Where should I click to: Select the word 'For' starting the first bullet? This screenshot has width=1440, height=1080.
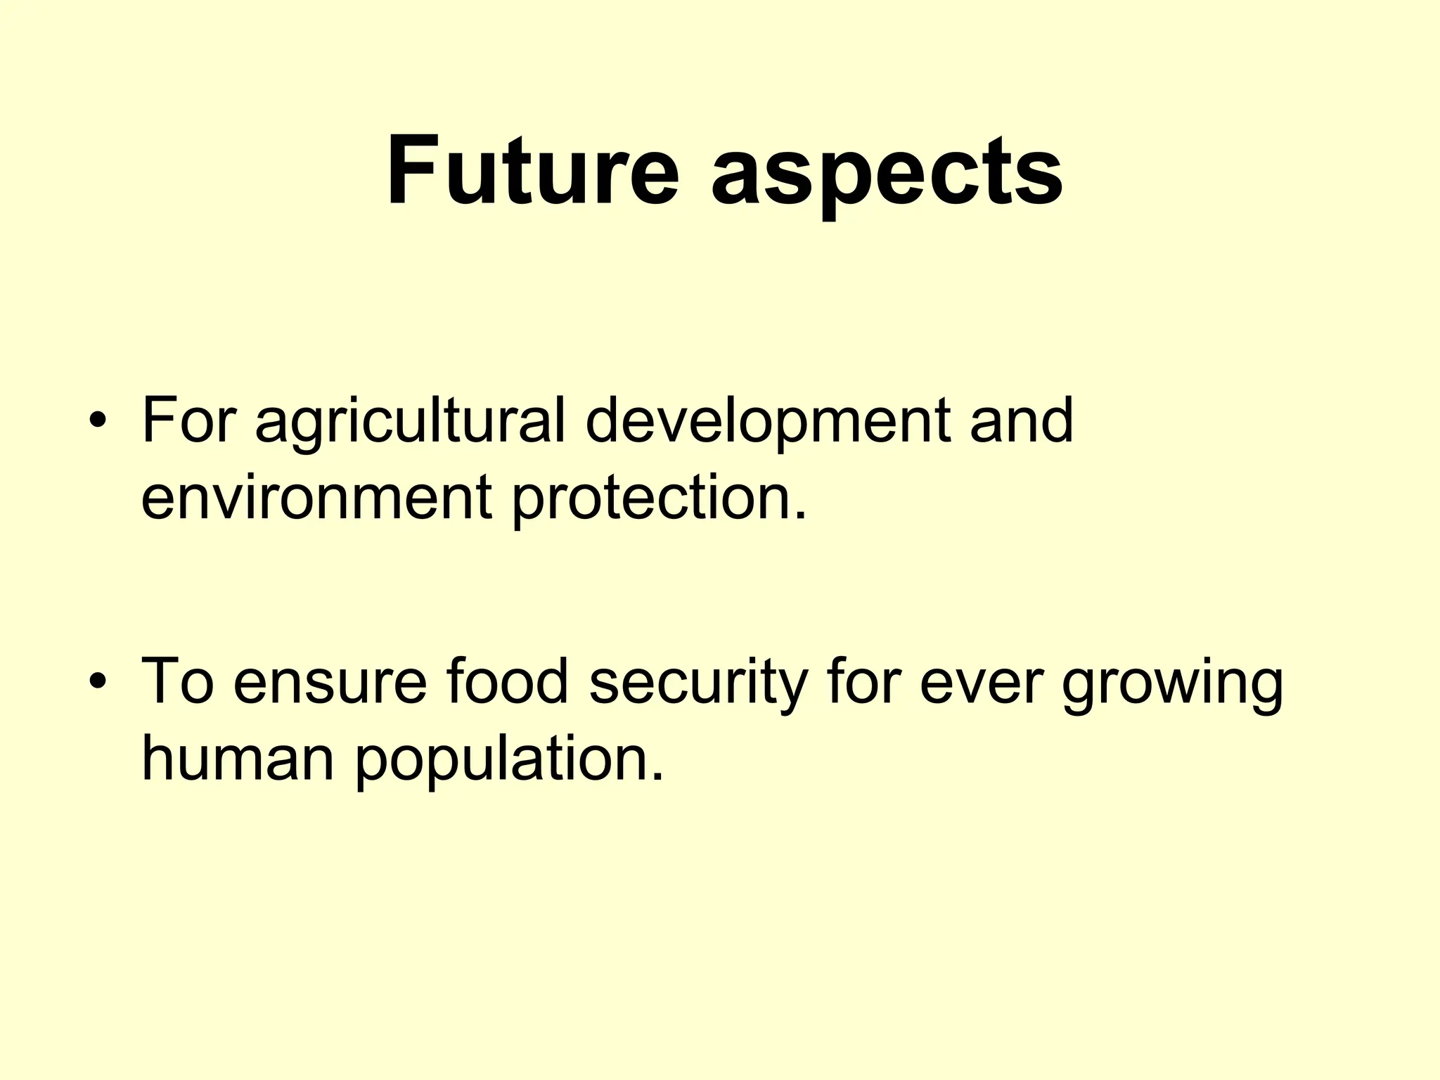(x=186, y=421)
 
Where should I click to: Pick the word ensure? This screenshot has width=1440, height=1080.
(x=330, y=683)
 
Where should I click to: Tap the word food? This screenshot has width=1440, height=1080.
(x=506, y=681)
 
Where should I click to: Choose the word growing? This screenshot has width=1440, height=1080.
(x=1172, y=685)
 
